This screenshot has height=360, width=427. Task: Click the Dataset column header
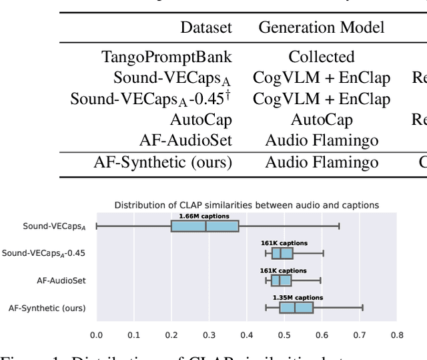click(x=206, y=27)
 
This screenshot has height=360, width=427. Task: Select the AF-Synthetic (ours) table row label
click(x=162, y=162)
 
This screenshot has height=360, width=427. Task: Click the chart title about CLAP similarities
click(x=247, y=204)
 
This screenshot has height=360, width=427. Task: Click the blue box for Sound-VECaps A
click(x=205, y=226)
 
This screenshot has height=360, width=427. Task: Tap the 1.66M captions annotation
click(x=204, y=216)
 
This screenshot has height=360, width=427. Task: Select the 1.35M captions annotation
click(x=298, y=298)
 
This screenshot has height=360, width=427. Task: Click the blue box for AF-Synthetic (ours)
click(x=296, y=307)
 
